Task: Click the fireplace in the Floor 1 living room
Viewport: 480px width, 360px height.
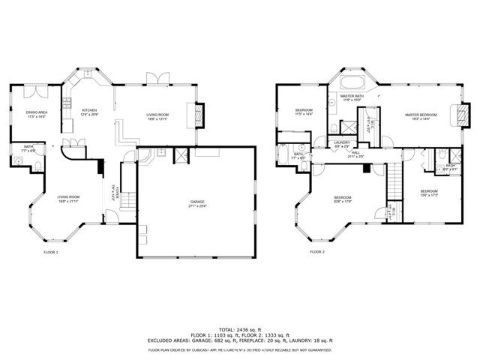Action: [199, 113]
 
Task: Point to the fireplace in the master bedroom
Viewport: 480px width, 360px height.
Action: [461, 115]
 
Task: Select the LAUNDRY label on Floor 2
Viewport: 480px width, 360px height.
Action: [343, 143]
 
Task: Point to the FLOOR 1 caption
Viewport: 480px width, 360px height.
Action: [50, 252]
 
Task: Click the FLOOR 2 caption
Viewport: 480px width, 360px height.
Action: [317, 252]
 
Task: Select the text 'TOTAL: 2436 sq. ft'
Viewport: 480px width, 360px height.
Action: [239, 329]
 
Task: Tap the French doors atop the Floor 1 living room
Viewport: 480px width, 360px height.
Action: [156, 80]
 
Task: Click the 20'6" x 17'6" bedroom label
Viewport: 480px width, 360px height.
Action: [343, 199]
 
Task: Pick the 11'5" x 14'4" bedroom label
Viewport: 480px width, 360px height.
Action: [303, 112]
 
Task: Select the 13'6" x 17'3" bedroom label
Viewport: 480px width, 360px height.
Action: [428, 193]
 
